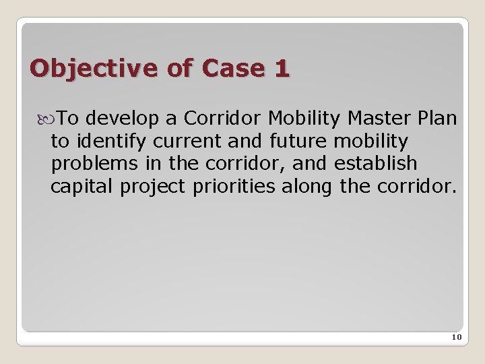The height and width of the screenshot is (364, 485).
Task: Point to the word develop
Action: click(124, 119)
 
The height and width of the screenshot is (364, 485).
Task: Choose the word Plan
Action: click(437, 119)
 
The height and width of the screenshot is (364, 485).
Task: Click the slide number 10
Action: click(455, 337)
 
